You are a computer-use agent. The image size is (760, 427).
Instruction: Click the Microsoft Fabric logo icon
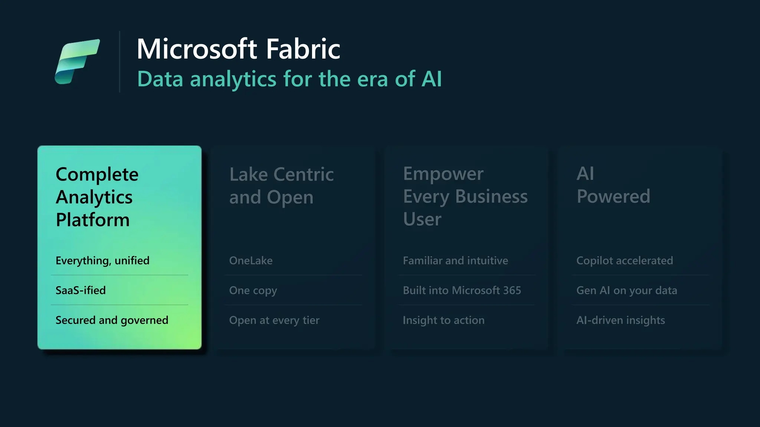coord(77,61)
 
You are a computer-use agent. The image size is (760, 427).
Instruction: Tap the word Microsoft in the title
coord(197,49)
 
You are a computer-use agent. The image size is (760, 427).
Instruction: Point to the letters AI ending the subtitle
coord(431,79)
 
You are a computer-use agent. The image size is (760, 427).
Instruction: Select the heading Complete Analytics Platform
coord(96,197)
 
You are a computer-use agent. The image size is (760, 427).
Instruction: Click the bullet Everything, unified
coord(102,261)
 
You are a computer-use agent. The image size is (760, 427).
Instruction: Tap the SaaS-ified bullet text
coord(81,290)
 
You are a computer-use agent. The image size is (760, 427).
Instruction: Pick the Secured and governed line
coord(112,320)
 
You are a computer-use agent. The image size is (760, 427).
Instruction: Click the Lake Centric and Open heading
coord(281,186)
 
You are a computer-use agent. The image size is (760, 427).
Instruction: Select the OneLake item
coord(251,261)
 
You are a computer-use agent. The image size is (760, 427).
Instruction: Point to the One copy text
coord(253,291)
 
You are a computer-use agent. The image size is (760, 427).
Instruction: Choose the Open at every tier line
coord(274,320)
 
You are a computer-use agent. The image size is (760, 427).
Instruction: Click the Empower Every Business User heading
coord(465,196)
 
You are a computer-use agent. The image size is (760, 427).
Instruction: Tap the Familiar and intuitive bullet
coord(455,261)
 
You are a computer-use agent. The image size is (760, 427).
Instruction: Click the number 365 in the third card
coord(512,290)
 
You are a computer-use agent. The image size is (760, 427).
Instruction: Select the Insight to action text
coord(443,320)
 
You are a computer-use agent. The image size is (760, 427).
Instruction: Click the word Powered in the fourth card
coord(613,196)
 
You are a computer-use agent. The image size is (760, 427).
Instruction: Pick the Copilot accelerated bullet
coord(625,261)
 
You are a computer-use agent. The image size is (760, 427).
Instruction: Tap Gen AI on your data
coord(626,290)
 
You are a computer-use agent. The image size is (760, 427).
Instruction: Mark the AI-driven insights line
coord(620,320)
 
